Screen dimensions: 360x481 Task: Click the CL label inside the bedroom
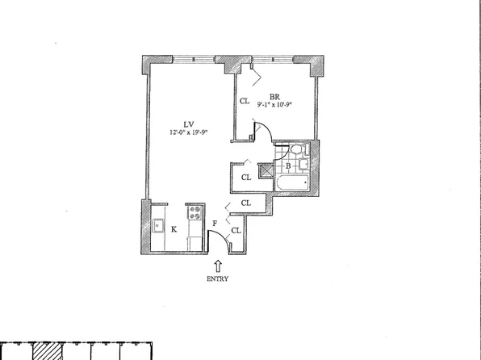[x=244, y=102]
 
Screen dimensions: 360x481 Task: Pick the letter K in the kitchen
[x=174, y=228]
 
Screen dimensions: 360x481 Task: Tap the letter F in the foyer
[x=215, y=222]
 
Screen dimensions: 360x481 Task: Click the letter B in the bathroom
[x=287, y=167]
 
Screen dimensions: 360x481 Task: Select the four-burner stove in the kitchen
[x=194, y=213]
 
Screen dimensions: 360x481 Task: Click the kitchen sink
[x=158, y=226]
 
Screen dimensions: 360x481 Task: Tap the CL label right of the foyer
[x=236, y=231]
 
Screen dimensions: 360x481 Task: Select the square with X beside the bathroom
[x=266, y=170]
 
